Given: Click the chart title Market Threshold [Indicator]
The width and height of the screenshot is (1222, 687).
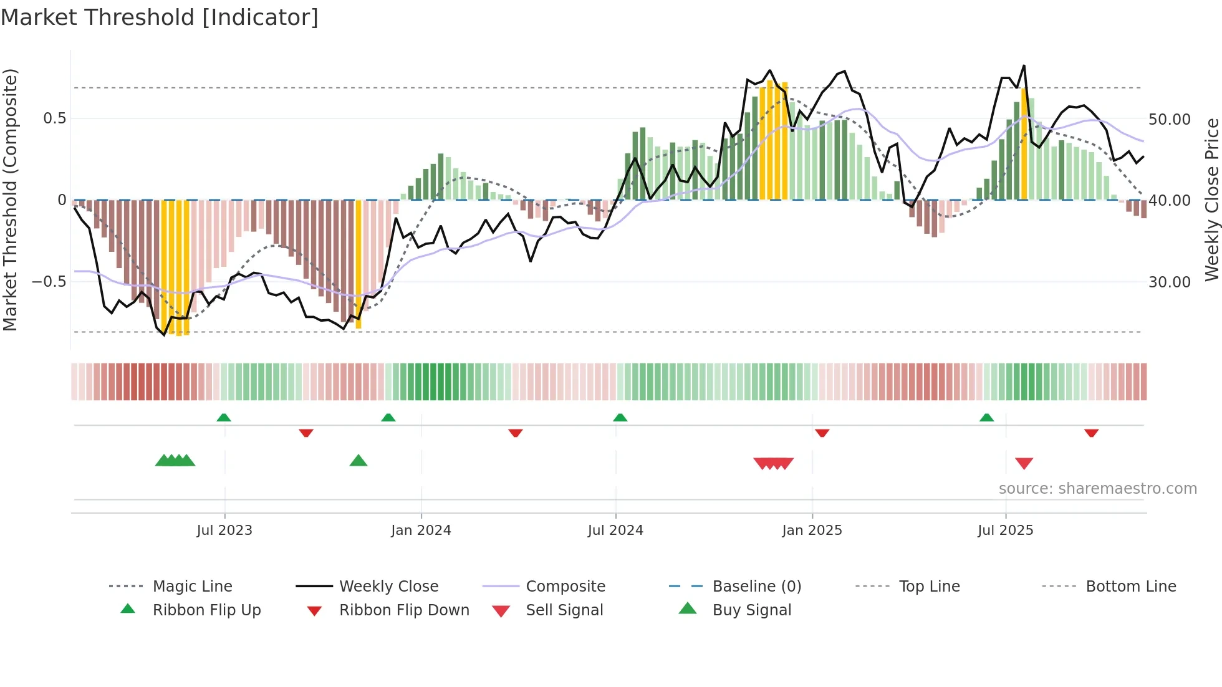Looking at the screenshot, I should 160,17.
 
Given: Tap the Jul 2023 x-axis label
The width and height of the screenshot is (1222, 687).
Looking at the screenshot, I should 224,531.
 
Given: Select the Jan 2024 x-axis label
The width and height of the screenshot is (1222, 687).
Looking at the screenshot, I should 421,531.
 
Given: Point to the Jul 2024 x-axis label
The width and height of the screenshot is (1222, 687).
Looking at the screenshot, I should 615,531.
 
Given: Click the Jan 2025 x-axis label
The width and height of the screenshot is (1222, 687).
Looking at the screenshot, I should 812,531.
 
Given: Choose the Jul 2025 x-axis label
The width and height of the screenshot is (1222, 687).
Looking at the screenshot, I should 1005,531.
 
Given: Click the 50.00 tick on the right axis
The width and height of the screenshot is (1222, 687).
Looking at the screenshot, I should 1169,119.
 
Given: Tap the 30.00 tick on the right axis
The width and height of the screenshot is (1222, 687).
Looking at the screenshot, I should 1169,282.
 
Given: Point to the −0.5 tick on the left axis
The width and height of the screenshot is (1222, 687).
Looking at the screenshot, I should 49,282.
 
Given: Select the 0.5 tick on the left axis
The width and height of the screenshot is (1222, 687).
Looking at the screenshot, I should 54,118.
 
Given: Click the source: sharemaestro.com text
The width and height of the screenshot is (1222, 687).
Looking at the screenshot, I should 1097,489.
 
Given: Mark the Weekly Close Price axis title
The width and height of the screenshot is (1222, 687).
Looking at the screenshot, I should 1211,199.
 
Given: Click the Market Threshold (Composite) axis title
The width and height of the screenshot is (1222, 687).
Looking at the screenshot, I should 10,199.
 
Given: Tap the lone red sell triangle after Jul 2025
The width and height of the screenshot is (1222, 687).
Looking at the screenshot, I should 1024,463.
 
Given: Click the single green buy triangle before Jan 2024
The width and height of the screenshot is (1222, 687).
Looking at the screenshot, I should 358,461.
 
